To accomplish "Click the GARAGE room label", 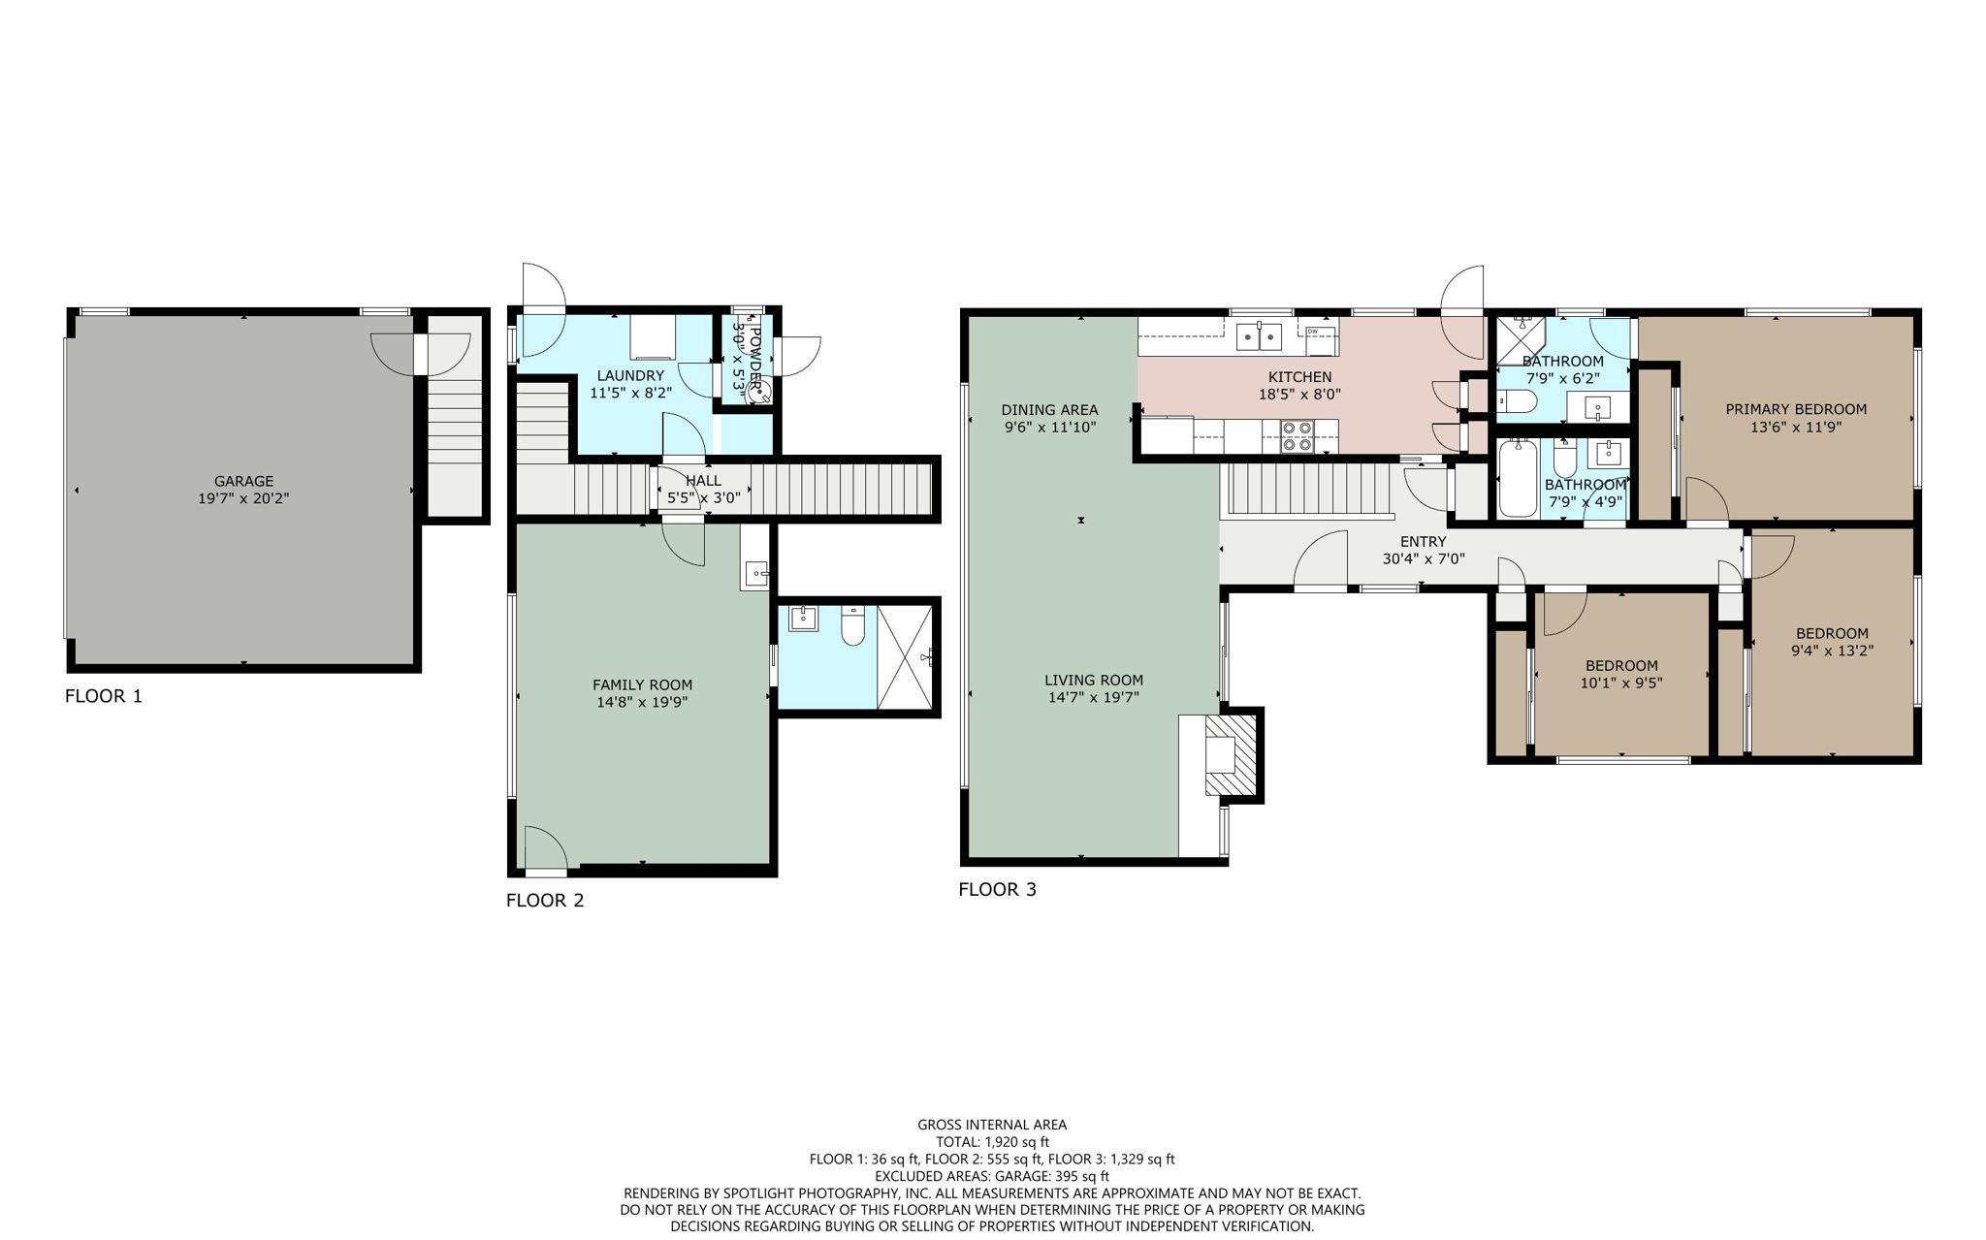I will (243, 481).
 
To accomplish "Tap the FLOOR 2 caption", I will (545, 900).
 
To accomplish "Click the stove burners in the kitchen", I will (1297, 436).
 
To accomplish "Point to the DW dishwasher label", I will (1312, 332).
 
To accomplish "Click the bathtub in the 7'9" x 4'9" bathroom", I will (1518, 479).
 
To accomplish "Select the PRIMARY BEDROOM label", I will (1795, 409).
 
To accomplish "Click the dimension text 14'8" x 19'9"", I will (642, 702).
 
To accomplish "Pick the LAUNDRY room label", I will (630, 375).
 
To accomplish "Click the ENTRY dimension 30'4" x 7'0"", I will (1423, 559).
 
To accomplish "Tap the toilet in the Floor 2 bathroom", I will (852, 627).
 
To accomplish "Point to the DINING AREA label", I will (1049, 409).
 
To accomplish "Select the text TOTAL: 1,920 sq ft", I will (992, 1142).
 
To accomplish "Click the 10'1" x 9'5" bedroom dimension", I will (1620, 683).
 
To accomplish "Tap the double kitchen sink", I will (1259, 336).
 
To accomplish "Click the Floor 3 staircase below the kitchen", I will (1304, 489).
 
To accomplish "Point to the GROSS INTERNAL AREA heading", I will (992, 1125).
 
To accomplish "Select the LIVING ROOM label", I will (1093, 680).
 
